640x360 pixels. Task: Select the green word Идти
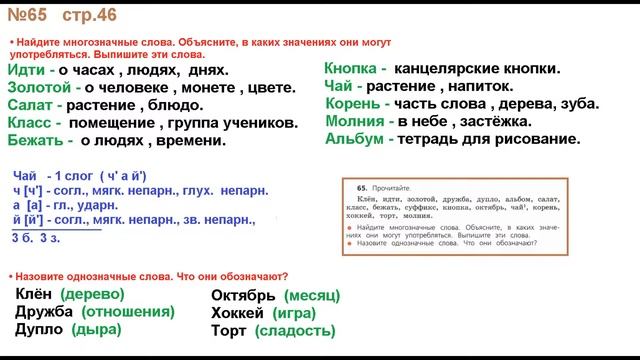coord(29,70)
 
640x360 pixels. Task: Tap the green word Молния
coord(357,121)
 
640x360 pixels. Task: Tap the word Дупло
coord(39,329)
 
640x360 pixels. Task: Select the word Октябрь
coord(244,295)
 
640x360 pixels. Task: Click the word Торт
coord(229,330)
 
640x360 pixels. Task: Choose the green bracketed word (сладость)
coord(295,330)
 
